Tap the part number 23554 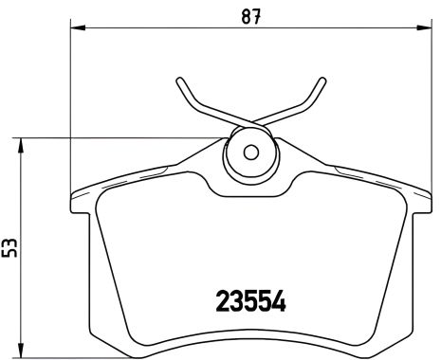(x=245, y=305)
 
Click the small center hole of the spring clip (x=249, y=151)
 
